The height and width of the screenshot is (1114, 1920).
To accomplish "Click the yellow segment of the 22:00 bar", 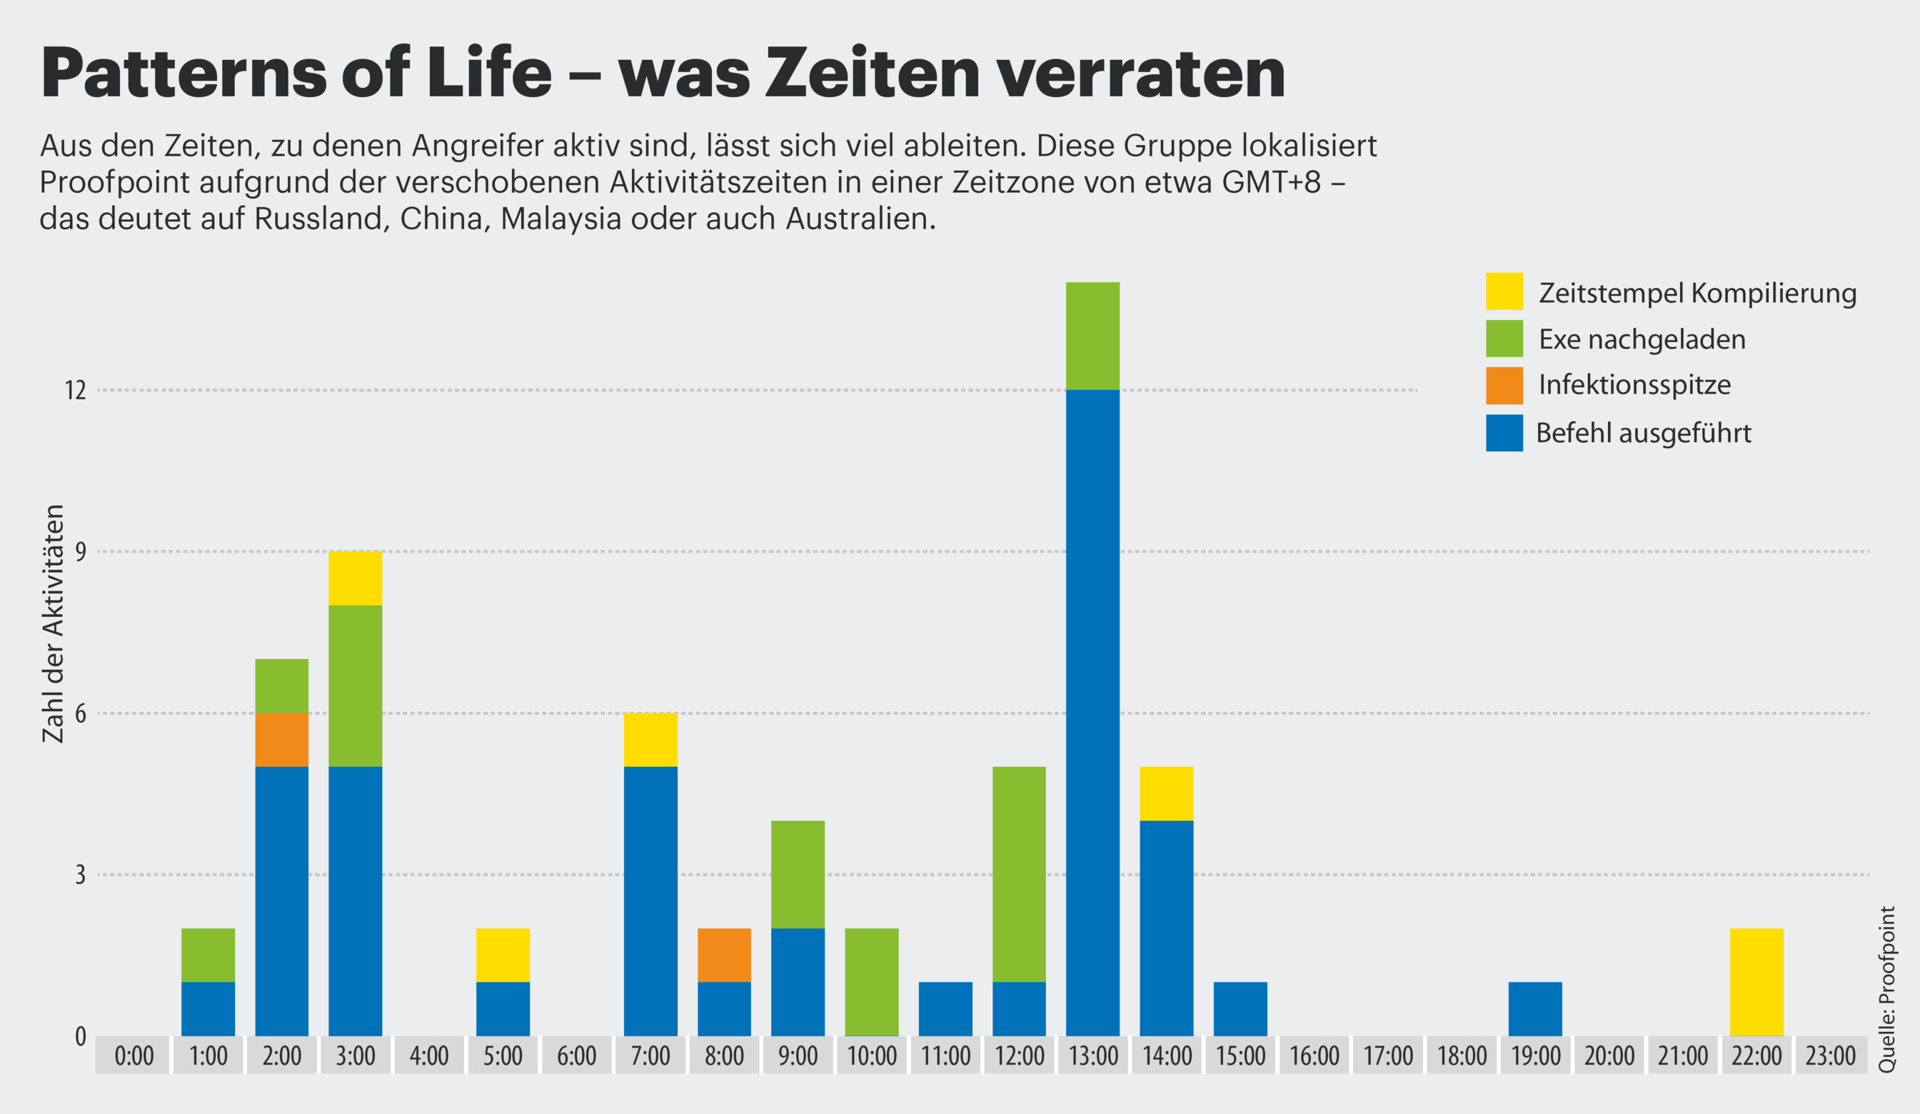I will tap(1756, 981).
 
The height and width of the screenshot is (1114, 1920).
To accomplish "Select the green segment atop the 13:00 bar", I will tap(1092, 336).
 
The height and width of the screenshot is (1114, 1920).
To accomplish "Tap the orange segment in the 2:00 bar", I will tap(282, 739).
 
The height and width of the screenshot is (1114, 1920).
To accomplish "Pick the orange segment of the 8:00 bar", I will tap(724, 955).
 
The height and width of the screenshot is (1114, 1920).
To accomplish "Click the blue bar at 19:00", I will tap(1535, 1009).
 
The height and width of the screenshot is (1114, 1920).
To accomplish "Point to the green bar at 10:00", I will tap(872, 981).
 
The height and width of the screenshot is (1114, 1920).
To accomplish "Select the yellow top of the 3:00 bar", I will tap(355, 578).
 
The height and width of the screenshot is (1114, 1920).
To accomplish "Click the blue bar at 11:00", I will tap(945, 1009).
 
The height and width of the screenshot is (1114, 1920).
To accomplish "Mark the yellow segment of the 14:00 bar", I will tap(1167, 793).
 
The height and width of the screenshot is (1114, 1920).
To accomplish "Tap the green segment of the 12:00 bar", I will tap(1019, 874).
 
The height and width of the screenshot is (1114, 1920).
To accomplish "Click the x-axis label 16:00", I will tap(1315, 1056).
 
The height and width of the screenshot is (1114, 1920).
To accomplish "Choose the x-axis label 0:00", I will tap(134, 1056).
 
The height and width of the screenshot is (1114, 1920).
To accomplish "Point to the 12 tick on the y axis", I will tap(76, 390).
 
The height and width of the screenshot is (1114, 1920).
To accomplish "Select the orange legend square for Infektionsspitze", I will tap(1504, 386).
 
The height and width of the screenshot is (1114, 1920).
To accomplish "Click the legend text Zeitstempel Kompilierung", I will tap(1697, 293).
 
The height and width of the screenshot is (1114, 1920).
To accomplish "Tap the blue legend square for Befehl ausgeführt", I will tap(1504, 433).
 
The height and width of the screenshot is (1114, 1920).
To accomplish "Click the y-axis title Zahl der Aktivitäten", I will tap(53, 623).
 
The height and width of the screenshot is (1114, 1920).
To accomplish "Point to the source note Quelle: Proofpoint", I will tap(1886, 989).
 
